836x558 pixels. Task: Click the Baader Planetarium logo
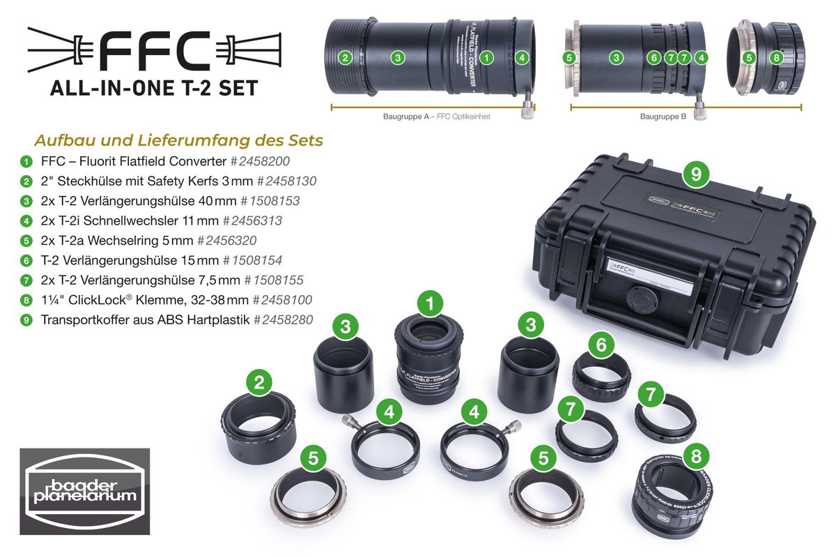pyautogui.click(x=84, y=491)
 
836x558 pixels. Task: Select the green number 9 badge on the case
pyautogui.click(x=695, y=173)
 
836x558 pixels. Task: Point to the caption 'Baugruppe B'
pyautogui.click(x=663, y=117)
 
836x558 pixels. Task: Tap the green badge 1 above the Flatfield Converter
pyautogui.click(x=430, y=303)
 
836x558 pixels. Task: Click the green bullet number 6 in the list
pyautogui.click(x=26, y=260)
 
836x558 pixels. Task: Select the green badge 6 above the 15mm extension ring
pyautogui.click(x=601, y=343)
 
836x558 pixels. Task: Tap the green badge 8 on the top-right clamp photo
pyautogui.click(x=776, y=58)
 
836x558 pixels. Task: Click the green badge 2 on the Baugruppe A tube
pyautogui.click(x=344, y=58)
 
